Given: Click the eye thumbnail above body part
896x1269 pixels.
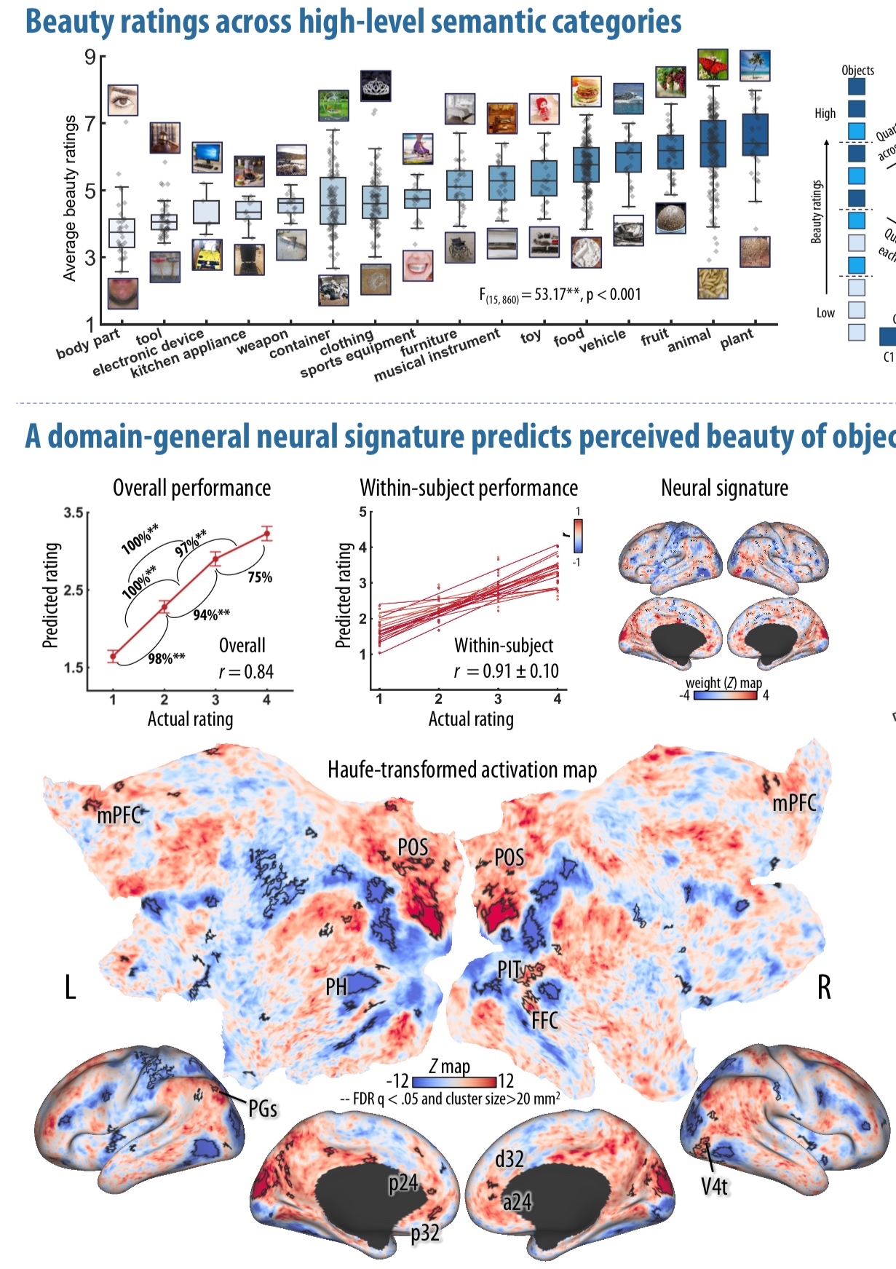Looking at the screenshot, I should pyautogui.click(x=122, y=100).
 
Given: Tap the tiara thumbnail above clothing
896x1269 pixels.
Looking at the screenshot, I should pyautogui.click(x=376, y=86).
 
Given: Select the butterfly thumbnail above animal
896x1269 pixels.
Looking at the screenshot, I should pyautogui.click(x=713, y=65).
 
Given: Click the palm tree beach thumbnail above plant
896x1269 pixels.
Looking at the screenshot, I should pyautogui.click(x=755, y=66).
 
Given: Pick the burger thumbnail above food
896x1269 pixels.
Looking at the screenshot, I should pyautogui.click(x=586, y=92).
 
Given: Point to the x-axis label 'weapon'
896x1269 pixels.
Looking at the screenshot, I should pyautogui.click(x=262, y=342).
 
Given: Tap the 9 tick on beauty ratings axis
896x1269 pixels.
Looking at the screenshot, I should pyautogui.click(x=90, y=57).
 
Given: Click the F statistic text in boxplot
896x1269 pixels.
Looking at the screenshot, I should pyautogui.click(x=560, y=295).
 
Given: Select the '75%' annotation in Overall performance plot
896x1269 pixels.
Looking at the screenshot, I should pyautogui.click(x=260, y=577).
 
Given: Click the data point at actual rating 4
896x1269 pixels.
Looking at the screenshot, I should pyautogui.click(x=267, y=534).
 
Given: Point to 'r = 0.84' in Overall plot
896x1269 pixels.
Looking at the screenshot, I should pyautogui.click(x=246, y=671).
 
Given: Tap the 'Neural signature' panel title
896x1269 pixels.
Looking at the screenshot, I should pyautogui.click(x=724, y=488).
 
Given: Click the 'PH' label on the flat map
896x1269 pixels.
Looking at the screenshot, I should pyautogui.click(x=336, y=987).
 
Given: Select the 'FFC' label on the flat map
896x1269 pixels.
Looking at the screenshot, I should pyautogui.click(x=544, y=1021).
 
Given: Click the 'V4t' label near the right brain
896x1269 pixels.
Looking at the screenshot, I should pyautogui.click(x=714, y=1187).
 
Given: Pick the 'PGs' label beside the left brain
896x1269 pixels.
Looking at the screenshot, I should pyautogui.click(x=263, y=1109).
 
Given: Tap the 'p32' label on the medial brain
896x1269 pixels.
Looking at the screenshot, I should pyautogui.click(x=425, y=1233).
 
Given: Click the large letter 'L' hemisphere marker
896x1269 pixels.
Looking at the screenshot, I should pyautogui.click(x=71, y=988).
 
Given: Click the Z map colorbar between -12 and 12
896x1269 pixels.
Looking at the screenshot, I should pyautogui.click(x=454, y=1082).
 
